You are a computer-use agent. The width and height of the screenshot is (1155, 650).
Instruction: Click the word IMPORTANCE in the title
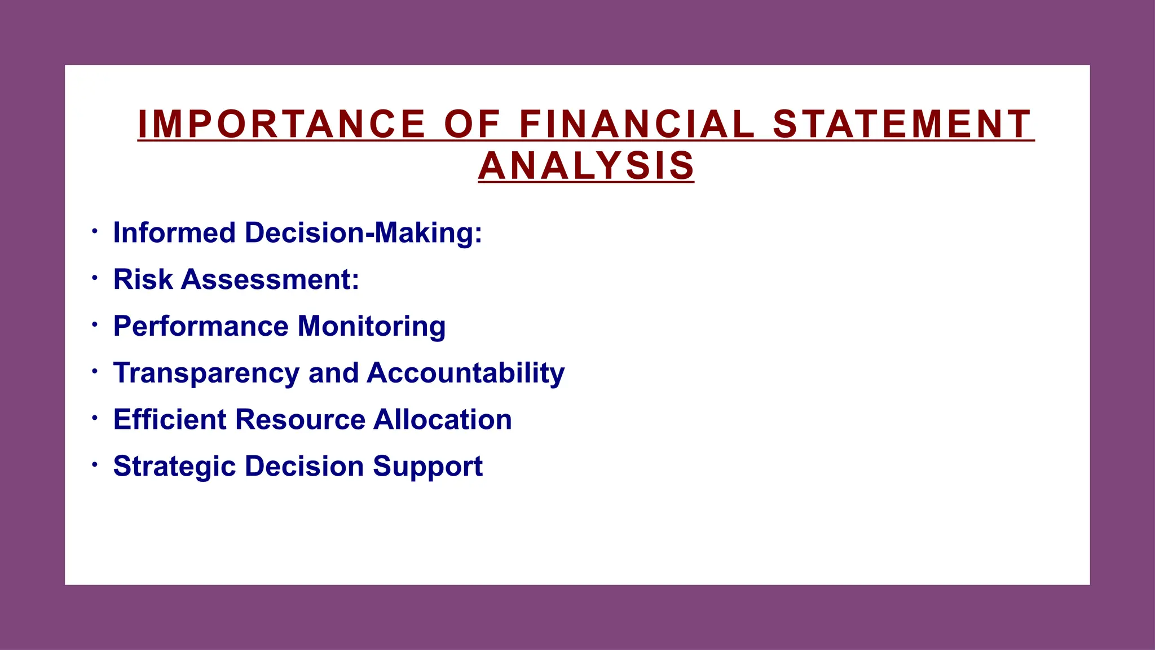pos(281,124)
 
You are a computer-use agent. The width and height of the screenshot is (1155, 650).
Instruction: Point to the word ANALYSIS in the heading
pos(586,166)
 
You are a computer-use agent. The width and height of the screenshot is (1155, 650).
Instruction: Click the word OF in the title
pos(472,124)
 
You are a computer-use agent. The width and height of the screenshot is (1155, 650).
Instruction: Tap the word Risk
pos(143,279)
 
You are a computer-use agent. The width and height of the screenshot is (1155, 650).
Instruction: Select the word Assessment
pos(270,279)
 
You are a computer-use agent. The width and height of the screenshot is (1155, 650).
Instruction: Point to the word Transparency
pos(206,374)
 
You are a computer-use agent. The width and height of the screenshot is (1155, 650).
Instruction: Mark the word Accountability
pos(466,374)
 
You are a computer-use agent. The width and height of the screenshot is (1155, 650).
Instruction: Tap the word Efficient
pos(170,419)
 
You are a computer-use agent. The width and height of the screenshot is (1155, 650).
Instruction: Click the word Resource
pos(301,419)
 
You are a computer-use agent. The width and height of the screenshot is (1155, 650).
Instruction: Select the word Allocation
pos(443,419)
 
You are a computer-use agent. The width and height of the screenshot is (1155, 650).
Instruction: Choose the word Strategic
pos(174,467)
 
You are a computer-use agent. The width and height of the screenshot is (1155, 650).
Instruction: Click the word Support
pos(427,467)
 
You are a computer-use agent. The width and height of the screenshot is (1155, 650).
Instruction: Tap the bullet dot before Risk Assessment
pos(95,278)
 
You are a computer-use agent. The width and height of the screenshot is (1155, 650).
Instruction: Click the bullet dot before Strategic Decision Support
pos(95,465)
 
